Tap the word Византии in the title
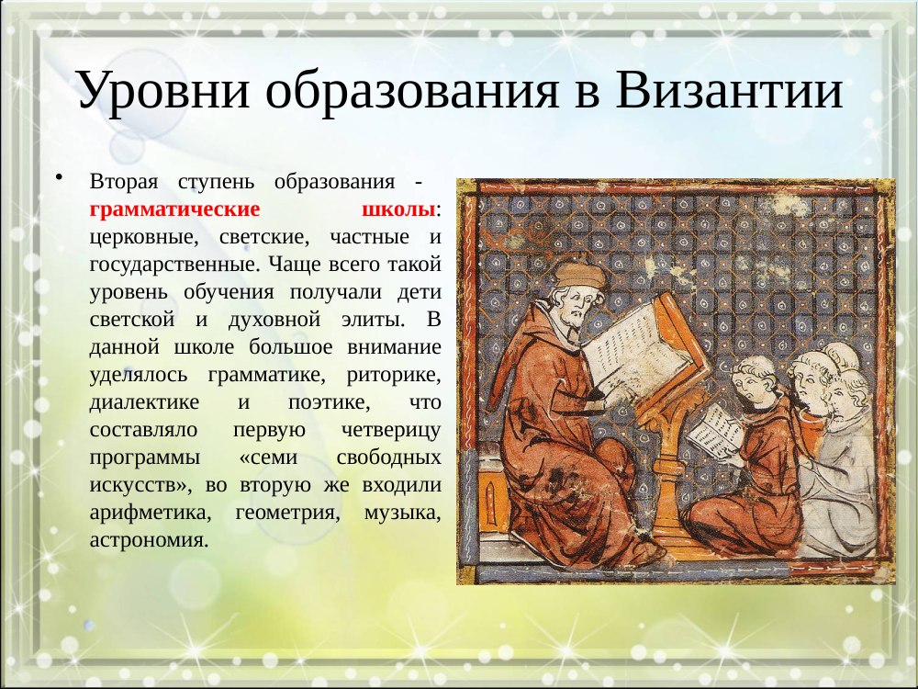point(729,90)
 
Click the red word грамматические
point(174,209)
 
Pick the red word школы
point(398,209)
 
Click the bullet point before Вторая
point(59,177)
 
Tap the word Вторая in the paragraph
point(124,182)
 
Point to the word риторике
point(393,375)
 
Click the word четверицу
point(390,430)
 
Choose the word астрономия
point(149,540)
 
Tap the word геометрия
point(287,513)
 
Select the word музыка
point(402,513)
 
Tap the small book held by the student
point(715,431)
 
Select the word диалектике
point(144,402)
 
